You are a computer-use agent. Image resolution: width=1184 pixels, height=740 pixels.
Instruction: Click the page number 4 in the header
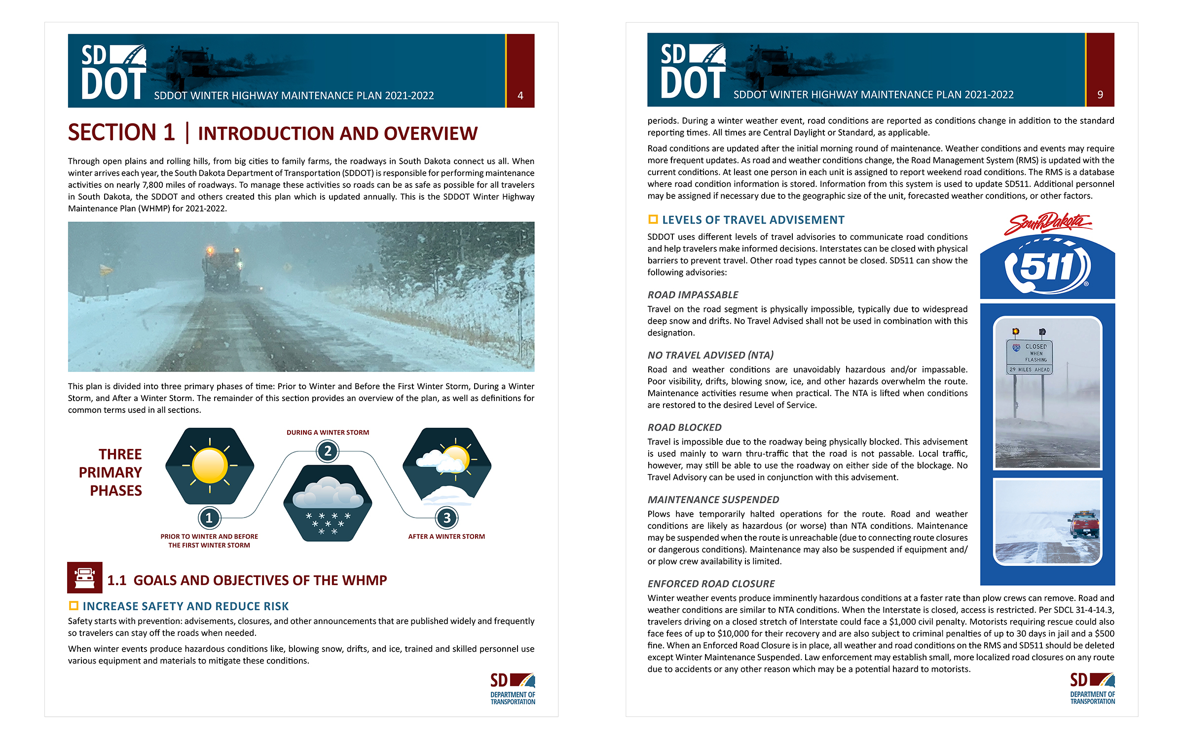520,96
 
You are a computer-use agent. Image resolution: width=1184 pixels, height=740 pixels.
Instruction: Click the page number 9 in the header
1100,95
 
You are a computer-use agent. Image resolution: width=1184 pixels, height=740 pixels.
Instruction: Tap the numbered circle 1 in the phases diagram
209,518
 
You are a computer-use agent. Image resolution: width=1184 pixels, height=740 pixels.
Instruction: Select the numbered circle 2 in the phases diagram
328,451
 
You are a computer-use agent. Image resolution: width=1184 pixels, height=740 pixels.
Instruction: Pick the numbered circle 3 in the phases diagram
446,518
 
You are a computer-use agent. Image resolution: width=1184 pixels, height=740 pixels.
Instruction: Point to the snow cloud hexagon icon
328,503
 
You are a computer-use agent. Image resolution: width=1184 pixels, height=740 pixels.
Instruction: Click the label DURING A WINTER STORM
328,433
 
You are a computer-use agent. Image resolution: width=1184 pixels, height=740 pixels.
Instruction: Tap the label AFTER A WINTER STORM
446,537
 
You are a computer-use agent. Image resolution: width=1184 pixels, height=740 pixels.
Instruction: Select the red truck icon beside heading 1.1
85,577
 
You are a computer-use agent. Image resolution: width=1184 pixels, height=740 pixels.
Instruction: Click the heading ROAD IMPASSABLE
693,295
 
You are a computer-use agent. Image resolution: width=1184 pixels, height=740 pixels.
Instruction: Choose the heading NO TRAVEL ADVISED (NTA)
710,355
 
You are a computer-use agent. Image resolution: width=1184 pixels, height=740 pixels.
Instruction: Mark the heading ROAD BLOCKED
684,428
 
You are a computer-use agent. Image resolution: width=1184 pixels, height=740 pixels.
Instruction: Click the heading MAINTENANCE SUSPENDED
713,500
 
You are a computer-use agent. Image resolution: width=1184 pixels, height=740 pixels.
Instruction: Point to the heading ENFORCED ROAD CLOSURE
711,584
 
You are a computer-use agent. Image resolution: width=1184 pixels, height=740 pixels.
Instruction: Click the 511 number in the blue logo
1046,267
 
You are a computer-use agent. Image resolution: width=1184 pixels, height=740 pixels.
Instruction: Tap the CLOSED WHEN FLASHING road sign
1030,357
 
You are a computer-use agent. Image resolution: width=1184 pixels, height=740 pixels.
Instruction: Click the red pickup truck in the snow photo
1084,524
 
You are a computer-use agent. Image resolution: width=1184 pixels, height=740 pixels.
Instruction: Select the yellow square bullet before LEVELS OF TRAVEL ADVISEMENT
653,220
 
